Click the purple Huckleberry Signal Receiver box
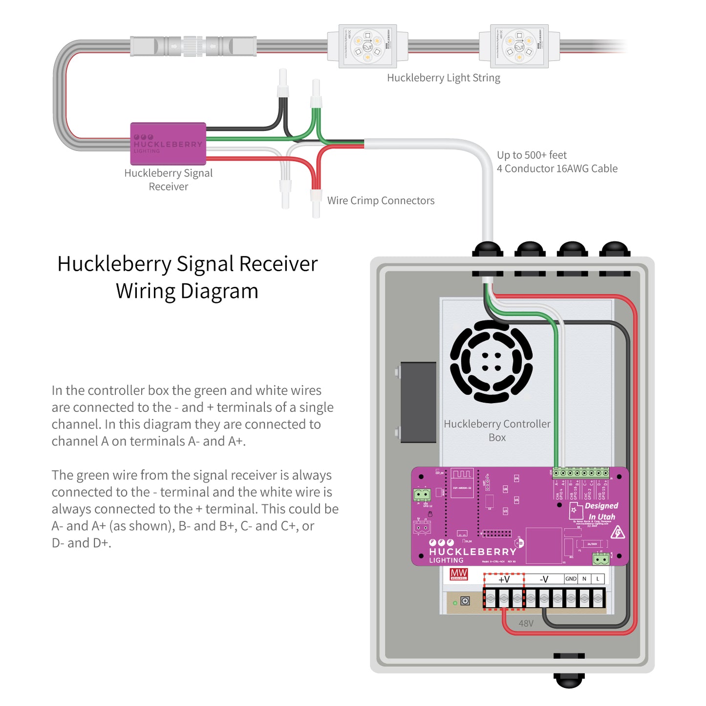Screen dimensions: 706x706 click(x=168, y=144)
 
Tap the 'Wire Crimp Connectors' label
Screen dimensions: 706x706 click(x=381, y=200)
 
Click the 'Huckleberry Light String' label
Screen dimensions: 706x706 click(x=443, y=78)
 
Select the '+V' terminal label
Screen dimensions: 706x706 click(x=504, y=579)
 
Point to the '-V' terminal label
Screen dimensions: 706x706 click(x=544, y=579)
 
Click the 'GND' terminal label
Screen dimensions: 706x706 click(x=571, y=579)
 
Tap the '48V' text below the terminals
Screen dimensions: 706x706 click(x=526, y=623)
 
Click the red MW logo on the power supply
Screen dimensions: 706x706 click(x=459, y=574)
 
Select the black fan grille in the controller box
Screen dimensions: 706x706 click(x=491, y=362)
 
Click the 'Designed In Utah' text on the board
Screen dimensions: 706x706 click(x=601, y=511)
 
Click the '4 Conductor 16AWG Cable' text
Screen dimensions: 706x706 click(x=557, y=169)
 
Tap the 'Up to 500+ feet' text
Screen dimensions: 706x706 click(x=532, y=155)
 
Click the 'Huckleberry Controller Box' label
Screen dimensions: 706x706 click(x=497, y=430)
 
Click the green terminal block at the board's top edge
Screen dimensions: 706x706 click(x=580, y=473)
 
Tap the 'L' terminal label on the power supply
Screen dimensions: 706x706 click(x=598, y=579)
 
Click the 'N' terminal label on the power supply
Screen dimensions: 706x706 click(x=584, y=579)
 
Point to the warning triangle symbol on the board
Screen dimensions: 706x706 click(x=618, y=532)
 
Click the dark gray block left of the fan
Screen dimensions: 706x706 click(x=418, y=402)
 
